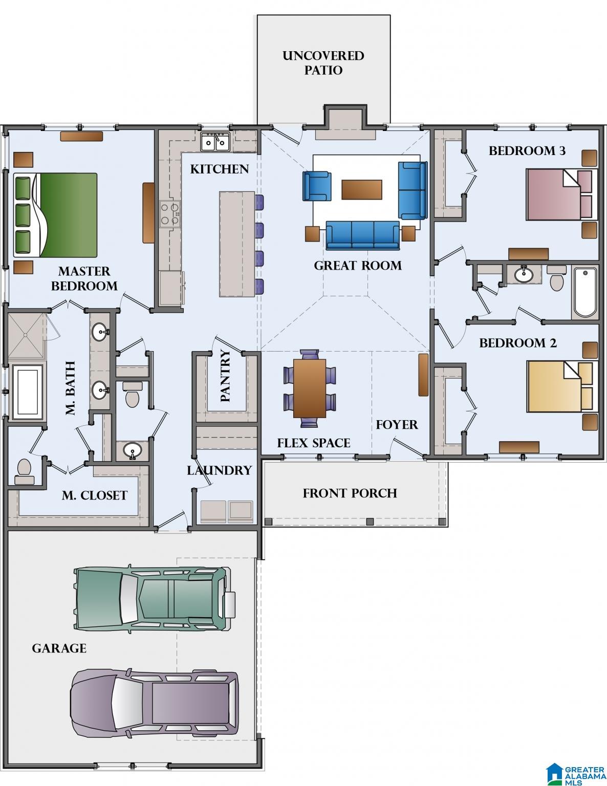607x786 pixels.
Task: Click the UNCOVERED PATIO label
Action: pos(323,63)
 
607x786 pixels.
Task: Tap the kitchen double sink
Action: pos(215,141)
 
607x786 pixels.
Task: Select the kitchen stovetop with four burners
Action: pos(170,214)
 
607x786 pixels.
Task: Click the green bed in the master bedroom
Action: pos(55,215)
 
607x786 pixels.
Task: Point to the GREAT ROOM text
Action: pos(357,266)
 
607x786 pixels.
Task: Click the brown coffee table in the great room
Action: pos(362,189)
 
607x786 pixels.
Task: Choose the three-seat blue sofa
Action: pos(362,235)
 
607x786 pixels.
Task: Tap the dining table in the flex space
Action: pos(310,388)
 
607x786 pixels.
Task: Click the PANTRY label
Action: pos(225,376)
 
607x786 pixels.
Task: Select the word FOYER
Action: pos(397,425)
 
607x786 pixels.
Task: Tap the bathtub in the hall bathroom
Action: pos(585,292)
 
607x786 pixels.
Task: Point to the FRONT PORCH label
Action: pos(350,493)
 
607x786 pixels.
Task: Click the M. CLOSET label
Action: pos(94,495)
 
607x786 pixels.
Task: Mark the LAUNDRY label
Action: pos(219,470)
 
